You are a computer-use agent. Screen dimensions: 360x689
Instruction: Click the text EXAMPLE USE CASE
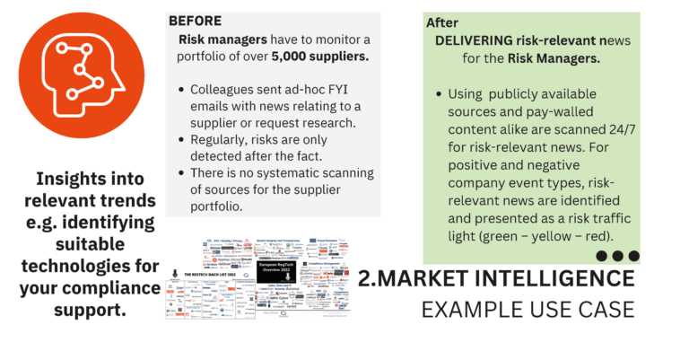click(528, 311)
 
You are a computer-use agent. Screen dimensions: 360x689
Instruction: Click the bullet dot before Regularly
click(182, 140)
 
